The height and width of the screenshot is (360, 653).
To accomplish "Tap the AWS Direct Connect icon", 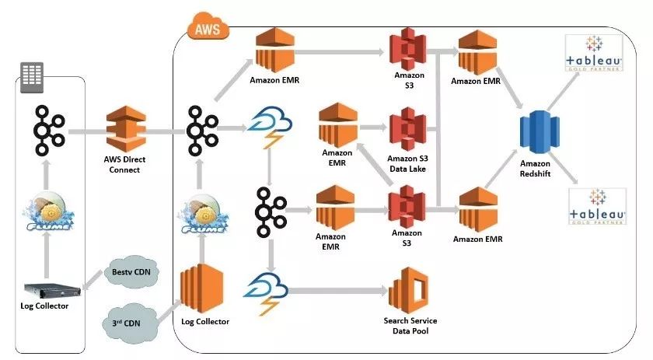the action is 126,129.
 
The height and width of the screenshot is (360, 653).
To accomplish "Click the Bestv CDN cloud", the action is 131,272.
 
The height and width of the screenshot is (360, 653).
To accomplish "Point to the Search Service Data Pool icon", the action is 409,291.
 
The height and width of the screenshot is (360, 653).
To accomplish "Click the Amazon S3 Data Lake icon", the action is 407,129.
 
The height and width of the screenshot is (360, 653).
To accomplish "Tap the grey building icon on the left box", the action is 32,77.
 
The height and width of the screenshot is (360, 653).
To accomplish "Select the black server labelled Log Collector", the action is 52,290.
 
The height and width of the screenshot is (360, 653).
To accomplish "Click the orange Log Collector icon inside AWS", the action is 201,288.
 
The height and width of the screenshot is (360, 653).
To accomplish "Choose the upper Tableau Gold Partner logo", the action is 593,54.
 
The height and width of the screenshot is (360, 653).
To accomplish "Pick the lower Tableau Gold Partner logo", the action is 598,207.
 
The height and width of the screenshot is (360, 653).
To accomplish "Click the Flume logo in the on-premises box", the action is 48,211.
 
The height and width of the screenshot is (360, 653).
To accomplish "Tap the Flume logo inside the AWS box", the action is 203,214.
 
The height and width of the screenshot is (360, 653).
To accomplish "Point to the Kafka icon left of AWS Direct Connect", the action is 49,131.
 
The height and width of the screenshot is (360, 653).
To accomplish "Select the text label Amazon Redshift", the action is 535,169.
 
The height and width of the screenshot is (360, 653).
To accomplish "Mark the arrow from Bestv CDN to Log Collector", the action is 93,280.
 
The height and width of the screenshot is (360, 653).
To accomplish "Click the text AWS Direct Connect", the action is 124,165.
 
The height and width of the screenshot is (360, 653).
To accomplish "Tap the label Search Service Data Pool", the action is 410,326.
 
